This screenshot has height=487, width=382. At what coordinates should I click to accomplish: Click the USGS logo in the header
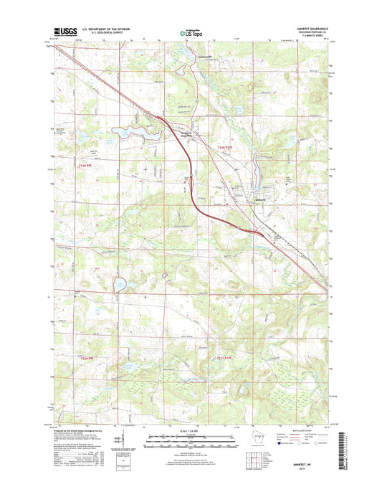point(63,31)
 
